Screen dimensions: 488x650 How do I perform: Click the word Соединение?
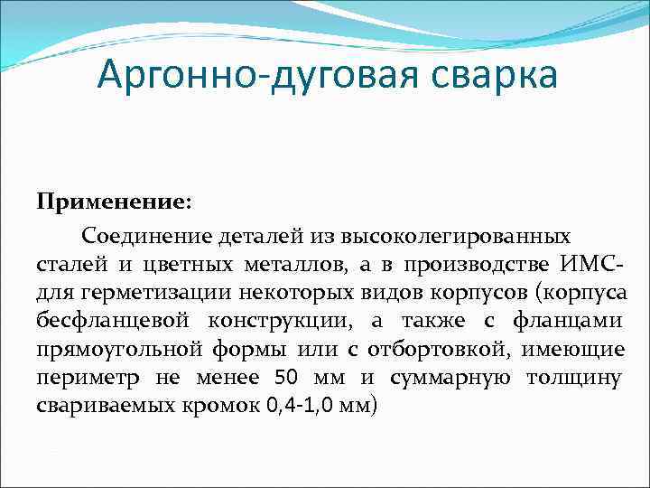point(146,236)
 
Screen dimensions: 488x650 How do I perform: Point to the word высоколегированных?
point(455,236)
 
